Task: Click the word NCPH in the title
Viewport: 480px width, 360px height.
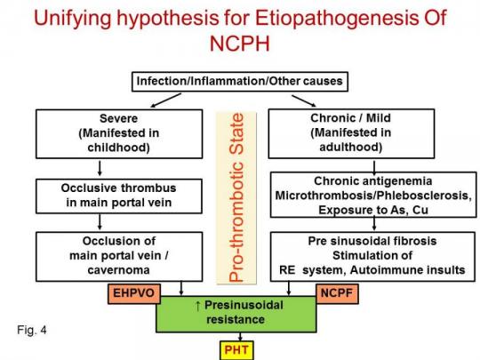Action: pyautogui.click(x=241, y=44)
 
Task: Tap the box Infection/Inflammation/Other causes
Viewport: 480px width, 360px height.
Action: pyautogui.click(x=238, y=82)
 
